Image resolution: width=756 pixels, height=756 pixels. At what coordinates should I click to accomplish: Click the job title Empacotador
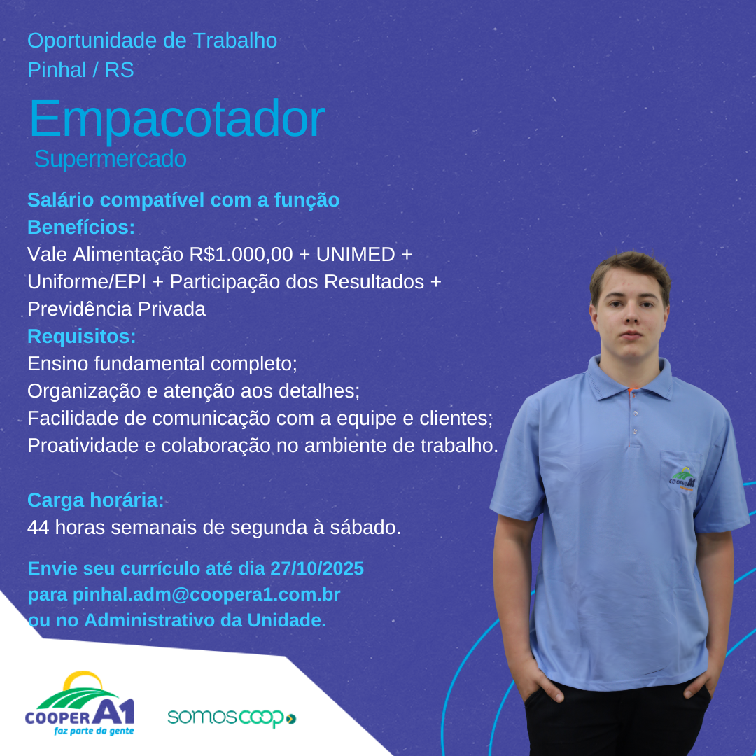tap(177, 119)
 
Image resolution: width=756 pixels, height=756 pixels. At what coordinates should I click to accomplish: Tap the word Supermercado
tap(111, 159)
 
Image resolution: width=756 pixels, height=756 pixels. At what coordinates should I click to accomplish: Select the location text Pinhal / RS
tap(80, 70)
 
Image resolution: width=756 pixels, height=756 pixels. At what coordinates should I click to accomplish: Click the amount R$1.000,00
tap(241, 255)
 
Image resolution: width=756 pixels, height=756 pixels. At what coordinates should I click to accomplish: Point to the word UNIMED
tap(356, 254)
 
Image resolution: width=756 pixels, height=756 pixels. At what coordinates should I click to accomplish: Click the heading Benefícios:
tap(81, 227)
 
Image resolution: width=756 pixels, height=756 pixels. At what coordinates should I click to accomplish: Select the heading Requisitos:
tap(81, 337)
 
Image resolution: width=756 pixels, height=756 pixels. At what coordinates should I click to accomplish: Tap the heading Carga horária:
tap(95, 500)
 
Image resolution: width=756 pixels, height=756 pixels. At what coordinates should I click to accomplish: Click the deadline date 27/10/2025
tap(317, 568)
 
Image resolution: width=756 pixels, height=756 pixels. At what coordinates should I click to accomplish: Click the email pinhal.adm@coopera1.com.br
tap(206, 594)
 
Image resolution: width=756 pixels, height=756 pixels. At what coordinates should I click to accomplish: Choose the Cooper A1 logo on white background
tap(80, 703)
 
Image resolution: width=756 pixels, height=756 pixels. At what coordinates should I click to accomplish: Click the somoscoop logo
tap(232, 718)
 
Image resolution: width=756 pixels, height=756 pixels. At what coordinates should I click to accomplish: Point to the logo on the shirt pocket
tap(682, 479)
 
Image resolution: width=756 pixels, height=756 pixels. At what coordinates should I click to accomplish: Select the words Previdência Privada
tap(116, 309)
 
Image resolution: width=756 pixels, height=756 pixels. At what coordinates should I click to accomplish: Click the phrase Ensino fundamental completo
tap(161, 363)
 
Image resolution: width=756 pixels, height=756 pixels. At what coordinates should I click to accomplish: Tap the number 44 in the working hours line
tap(38, 528)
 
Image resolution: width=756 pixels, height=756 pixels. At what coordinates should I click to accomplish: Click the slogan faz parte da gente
tap(94, 731)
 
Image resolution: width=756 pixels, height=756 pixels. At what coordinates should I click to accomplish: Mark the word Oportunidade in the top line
tap(92, 41)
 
